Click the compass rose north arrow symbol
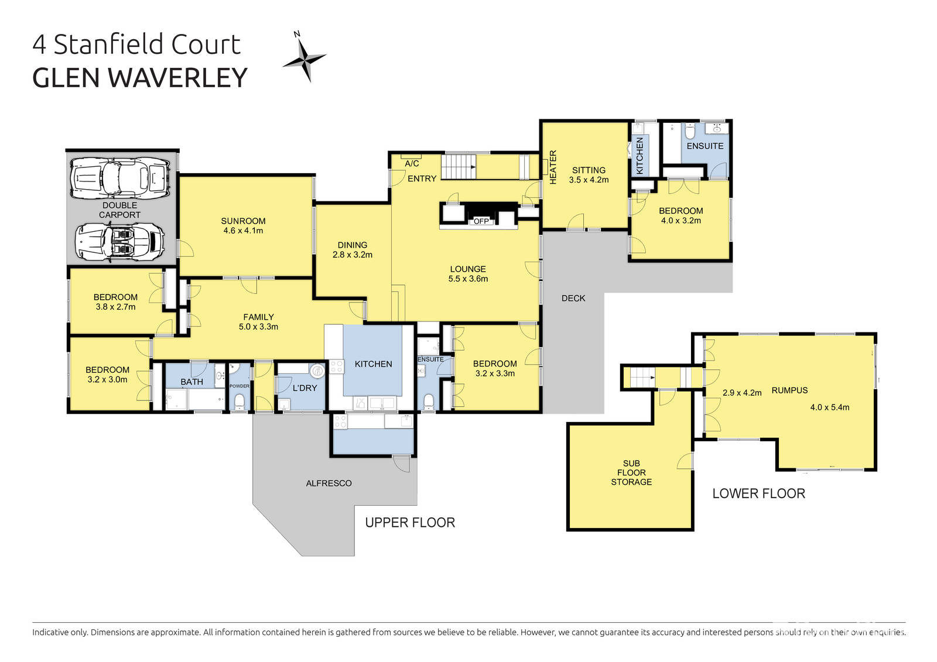click(305, 56)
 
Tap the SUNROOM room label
click(243, 221)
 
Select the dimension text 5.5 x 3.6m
click(468, 279)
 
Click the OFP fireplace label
click(481, 221)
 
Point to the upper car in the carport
click(120, 179)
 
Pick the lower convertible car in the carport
click(120, 242)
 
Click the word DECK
click(573, 298)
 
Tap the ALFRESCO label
click(329, 483)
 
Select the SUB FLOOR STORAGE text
click(631, 472)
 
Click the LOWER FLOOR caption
click(759, 493)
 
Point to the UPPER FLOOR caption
click(410, 522)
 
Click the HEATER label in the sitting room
click(553, 167)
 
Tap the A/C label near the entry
click(412, 163)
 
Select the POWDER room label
click(240, 386)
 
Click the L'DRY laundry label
click(305, 388)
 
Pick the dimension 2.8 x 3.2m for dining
click(352, 255)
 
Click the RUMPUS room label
click(790, 390)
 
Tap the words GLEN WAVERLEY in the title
click(140, 78)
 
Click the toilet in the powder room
click(240, 402)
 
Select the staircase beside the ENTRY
click(459, 166)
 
